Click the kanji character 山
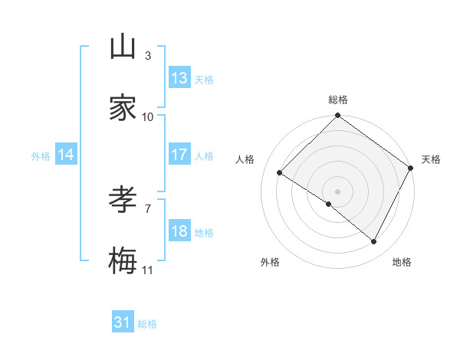point(123,47)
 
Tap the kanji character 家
point(123,108)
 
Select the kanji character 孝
point(123,200)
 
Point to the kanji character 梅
point(123,261)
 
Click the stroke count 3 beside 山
point(148,56)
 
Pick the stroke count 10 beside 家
point(148,117)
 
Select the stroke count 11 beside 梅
point(148,270)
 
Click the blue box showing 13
point(179,78)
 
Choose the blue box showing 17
point(179,155)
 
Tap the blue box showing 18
point(179,231)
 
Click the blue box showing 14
point(66,155)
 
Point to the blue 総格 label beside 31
point(147,324)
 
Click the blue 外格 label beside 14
point(41,155)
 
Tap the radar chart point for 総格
point(337,116)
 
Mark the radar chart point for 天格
point(411,168)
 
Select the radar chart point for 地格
point(374,242)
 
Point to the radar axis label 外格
point(270,262)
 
